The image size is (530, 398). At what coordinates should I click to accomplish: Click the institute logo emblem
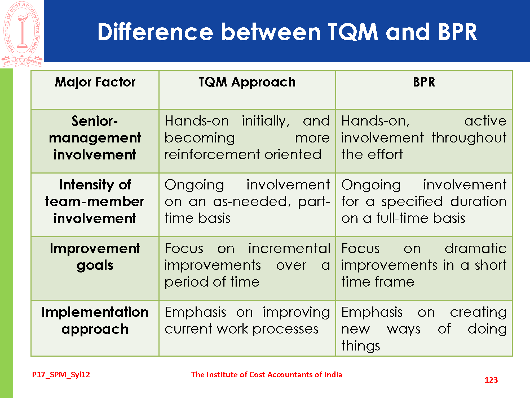pyautogui.click(x=22, y=34)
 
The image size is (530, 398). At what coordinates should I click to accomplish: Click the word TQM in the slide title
pyautogui.click(x=353, y=32)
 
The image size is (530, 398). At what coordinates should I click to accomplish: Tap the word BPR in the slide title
pyautogui.click(x=458, y=32)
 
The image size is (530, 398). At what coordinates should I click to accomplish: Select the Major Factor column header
pyautogui.click(x=95, y=82)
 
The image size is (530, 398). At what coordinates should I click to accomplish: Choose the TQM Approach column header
pyautogui.click(x=247, y=82)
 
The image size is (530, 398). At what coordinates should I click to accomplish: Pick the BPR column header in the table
pyautogui.click(x=424, y=82)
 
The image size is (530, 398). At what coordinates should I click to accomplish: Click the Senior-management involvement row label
pyautogui.click(x=95, y=138)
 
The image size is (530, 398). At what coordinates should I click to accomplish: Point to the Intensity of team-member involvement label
pyautogui.click(x=95, y=201)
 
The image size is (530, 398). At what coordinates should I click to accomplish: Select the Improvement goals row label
pyautogui.click(x=95, y=257)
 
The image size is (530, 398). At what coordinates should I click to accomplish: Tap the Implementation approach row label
pyautogui.click(x=95, y=321)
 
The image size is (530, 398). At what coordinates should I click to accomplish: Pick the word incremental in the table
pyautogui.click(x=289, y=249)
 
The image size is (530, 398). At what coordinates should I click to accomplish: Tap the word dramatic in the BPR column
pyautogui.click(x=476, y=249)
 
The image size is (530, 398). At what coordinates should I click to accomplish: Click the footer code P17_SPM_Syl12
pyautogui.click(x=61, y=375)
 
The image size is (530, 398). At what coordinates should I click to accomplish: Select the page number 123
pyautogui.click(x=491, y=380)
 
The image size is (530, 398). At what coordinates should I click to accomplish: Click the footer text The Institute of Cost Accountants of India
pyautogui.click(x=267, y=375)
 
